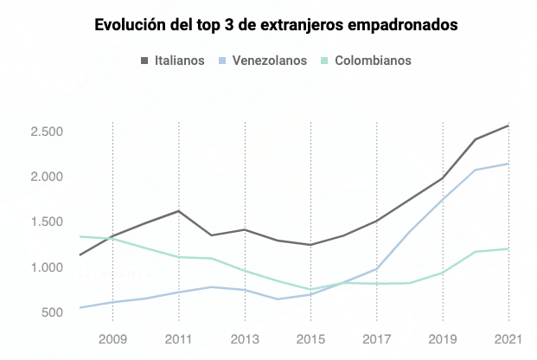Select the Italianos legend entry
click(x=172, y=61)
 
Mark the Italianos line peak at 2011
click(x=179, y=211)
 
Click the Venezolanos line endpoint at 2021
click(x=508, y=164)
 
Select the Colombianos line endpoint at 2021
click(x=508, y=249)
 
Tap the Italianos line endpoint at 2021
click(x=508, y=125)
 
